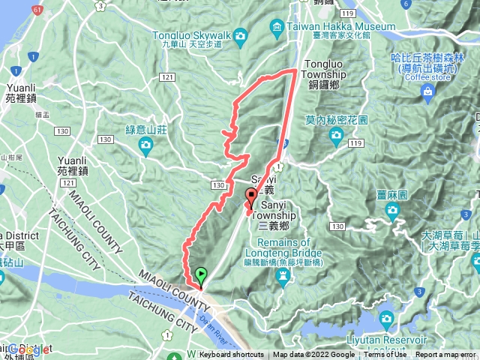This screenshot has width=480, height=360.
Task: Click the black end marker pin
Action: [x=250, y=199]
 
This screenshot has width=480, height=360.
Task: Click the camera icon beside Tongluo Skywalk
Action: [x=241, y=35]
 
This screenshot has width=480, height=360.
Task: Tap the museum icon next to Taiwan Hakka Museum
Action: [x=277, y=30]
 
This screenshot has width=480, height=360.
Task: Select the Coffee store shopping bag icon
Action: [x=428, y=93]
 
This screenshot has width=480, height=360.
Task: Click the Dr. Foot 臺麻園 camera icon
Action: [x=391, y=211]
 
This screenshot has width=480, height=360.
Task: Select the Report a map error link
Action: [x=447, y=355]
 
